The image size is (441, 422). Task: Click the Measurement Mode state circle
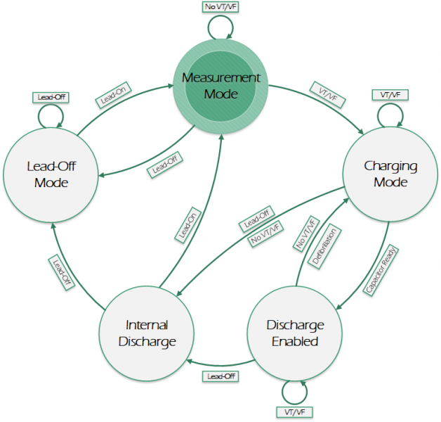click(x=221, y=85)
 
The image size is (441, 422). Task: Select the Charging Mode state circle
click(x=390, y=174)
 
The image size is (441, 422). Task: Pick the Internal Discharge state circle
click(x=146, y=333)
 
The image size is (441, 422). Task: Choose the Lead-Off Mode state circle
click(x=47, y=174)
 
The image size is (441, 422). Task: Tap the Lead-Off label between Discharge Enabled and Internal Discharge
click(x=222, y=376)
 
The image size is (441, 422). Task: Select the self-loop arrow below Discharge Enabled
click(x=295, y=392)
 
